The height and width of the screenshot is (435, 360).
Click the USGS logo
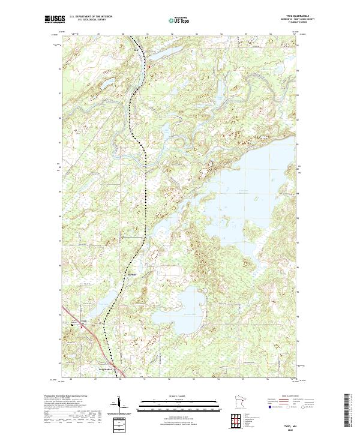click(53, 20)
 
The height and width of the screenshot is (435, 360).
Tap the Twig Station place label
click(106, 370)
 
